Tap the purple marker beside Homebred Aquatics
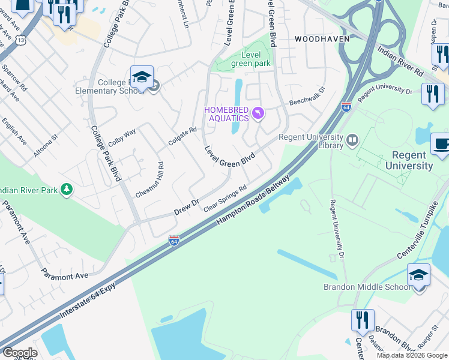(x=258, y=113)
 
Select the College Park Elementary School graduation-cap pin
(x=142, y=77)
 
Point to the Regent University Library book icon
(x=352, y=140)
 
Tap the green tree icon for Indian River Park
(x=67, y=190)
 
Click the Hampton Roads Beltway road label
(x=254, y=201)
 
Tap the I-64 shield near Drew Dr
(x=174, y=240)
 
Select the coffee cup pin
(x=440, y=145)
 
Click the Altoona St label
(x=45, y=146)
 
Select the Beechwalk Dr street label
(x=307, y=96)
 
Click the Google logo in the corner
(x=19, y=353)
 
